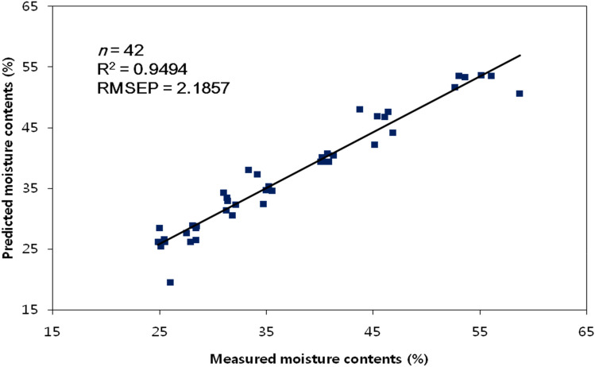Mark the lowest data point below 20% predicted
170,282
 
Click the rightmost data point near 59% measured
520,94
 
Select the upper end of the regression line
520,56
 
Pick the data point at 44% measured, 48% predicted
360,110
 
